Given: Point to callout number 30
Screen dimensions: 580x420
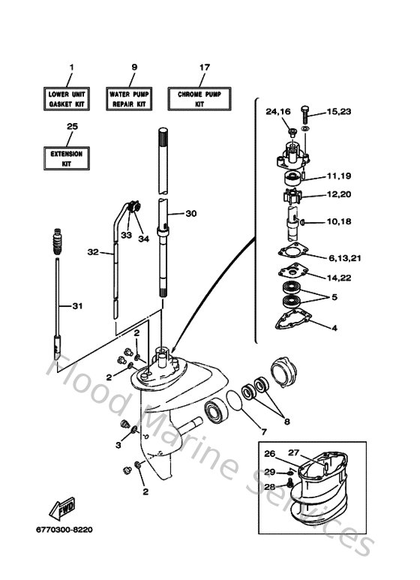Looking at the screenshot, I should [190, 214].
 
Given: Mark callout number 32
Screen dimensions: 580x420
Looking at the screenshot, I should [92, 252].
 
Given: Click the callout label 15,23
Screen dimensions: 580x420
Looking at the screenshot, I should [339, 112].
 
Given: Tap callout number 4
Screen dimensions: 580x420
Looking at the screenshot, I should [334, 327].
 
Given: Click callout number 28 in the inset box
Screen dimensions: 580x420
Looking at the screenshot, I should [269, 487].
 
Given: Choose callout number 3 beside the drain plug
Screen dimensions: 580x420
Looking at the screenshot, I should [118, 446].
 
